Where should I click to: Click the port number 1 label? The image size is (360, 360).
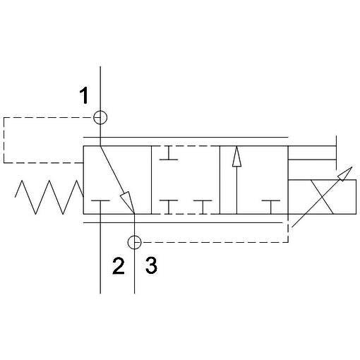coord(84,95)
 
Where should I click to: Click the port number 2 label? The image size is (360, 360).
coord(119,266)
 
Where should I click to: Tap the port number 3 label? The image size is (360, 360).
coord(151,265)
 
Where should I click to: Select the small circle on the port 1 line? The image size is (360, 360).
coord(100,117)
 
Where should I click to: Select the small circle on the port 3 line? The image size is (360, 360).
coord(134,242)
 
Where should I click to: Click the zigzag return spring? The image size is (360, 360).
coord(49,197)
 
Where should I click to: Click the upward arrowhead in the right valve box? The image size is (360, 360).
coord(236,157)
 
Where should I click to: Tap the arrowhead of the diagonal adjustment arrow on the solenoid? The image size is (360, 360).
coord(345,174)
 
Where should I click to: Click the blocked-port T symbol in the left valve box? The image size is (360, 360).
coord(100,200)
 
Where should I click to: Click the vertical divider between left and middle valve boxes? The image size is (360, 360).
coord(151,180)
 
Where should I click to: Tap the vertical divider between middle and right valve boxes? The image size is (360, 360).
coord(220,180)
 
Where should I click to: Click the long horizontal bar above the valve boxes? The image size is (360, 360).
coord(186,137)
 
